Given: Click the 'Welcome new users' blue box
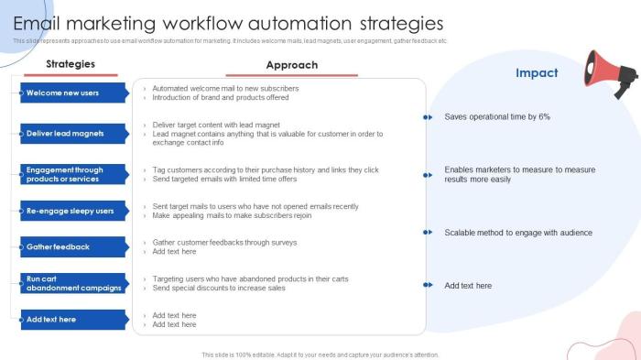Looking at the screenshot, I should point(73,93).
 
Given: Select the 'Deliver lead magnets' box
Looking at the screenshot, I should point(73,134).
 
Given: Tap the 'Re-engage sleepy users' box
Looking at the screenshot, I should point(73,211).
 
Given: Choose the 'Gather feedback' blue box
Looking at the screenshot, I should point(73,246).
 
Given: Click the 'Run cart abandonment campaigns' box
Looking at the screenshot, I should point(73,283).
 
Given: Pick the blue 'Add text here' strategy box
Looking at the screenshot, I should point(73,320).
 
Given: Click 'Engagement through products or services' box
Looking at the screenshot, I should point(73,174).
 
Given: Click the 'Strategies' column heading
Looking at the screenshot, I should point(71,64).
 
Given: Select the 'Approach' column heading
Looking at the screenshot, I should point(291,65).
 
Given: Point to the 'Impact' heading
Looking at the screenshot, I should point(537,73).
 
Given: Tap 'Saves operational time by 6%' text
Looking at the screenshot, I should point(497,117).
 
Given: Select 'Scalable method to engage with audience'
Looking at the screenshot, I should point(518,233).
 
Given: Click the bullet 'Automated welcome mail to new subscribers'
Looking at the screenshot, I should point(225,88).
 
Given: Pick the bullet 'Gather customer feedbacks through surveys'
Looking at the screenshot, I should point(224,242).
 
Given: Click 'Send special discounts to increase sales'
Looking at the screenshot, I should point(219,288).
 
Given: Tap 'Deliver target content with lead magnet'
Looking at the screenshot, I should point(216,125).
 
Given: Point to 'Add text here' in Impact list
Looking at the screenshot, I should point(468,286).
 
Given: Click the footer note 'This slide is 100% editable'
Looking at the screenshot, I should point(320,355).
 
